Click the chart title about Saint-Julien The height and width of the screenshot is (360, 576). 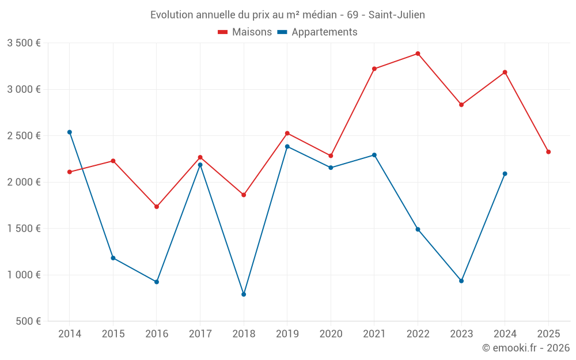[x=287, y=15]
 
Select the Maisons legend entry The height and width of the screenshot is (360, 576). [x=245, y=32]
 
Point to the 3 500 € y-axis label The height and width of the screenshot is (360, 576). [x=24, y=43]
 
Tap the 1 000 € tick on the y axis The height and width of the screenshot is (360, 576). [x=24, y=275]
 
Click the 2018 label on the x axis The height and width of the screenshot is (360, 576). [x=244, y=334]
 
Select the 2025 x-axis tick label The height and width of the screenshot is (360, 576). [x=548, y=334]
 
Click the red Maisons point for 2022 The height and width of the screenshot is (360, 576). [x=418, y=54]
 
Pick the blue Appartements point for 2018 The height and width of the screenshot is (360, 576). [x=244, y=294]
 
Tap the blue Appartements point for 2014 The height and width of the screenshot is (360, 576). [x=70, y=132]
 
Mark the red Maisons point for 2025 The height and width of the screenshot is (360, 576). [x=548, y=152]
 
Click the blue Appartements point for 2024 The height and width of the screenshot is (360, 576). [x=505, y=173]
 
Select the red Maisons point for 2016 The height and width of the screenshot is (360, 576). [x=157, y=206]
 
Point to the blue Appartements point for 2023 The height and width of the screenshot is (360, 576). [x=461, y=281]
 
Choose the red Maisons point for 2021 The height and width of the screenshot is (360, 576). [x=374, y=69]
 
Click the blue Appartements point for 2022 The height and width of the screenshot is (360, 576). [x=418, y=229]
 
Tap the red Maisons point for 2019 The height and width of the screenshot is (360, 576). [x=287, y=133]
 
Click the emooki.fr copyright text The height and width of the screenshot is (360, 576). [x=525, y=348]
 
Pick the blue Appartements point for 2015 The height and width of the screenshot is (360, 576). [x=113, y=257]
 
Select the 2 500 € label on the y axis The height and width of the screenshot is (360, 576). [x=24, y=136]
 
